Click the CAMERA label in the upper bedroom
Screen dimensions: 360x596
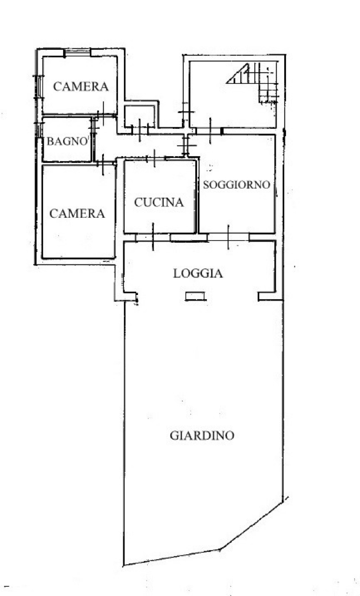tap(81, 86)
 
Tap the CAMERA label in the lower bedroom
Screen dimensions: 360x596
tap(77, 214)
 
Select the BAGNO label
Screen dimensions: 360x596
tap(67, 141)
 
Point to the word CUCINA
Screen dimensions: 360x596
tap(159, 202)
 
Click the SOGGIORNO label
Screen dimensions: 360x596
tap(237, 184)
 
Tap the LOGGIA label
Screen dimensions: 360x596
tap(198, 273)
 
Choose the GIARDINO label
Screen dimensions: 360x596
tap(202, 435)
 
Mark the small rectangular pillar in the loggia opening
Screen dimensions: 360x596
tap(195, 296)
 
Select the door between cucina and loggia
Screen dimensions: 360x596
tap(153, 237)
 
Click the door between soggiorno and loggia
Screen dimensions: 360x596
tap(228, 237)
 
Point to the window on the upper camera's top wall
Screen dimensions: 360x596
tap(77, 52)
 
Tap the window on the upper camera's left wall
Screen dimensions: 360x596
tap(39, 87)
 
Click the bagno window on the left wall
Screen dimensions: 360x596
tap(39, 130)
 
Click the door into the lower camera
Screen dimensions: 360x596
tap(103, 164)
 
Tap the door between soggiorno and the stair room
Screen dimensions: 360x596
tap(210, 131)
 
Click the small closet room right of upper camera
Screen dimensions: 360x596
tap(140, 117)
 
